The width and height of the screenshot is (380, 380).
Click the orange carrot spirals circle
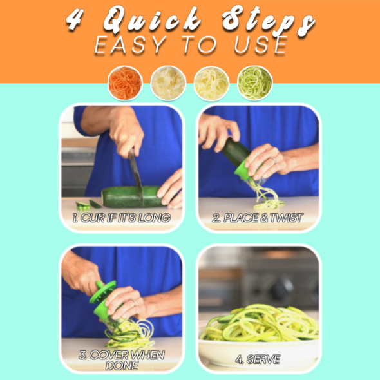click(x=126, y=83)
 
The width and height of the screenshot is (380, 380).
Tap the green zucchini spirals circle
click(x=254, y=83)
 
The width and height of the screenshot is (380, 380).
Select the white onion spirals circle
click(x=168, y=83)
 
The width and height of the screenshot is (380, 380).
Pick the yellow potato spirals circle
click(x=211, y=83)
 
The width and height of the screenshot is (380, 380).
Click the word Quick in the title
click(x=152, y=19)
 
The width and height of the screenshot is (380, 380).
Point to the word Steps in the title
click(x=269, y=21)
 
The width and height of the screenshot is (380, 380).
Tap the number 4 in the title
click(x=75, y=19)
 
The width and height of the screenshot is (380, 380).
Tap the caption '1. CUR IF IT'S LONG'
click(x=122, y=218)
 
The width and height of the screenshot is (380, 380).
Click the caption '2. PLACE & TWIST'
click(x=258, y=218)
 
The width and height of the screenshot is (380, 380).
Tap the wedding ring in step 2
click(x=274, y=160)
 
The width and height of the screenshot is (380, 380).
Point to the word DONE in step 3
click(x=122, y=365)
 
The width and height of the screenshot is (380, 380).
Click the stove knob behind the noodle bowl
click(x=281, y=289)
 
